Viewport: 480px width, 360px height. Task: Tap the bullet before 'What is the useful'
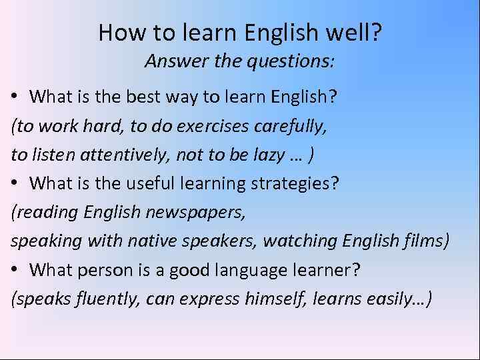15,183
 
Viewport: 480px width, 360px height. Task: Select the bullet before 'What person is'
15,270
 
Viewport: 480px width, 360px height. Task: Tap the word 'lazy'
265,155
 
